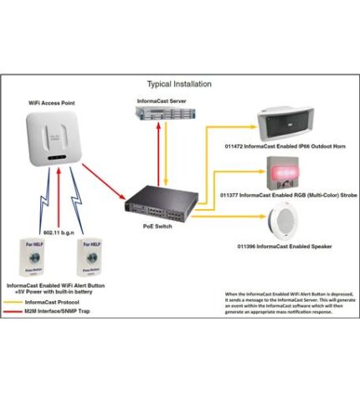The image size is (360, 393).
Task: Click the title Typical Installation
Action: [x=179, y=84]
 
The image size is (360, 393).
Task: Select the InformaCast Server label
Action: [x=164, y=100]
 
